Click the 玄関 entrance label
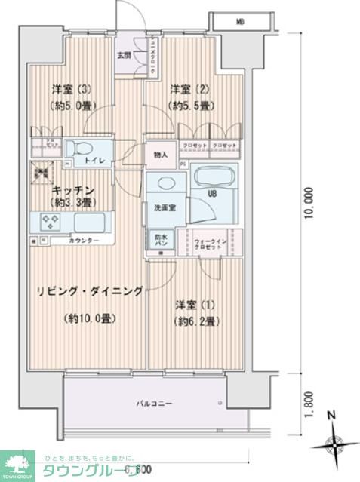tap(123, 54)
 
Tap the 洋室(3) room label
tap(68, 88)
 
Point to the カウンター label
tap(85, 240)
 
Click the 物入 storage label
tap(160, 155)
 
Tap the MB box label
tap(238, 20)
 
